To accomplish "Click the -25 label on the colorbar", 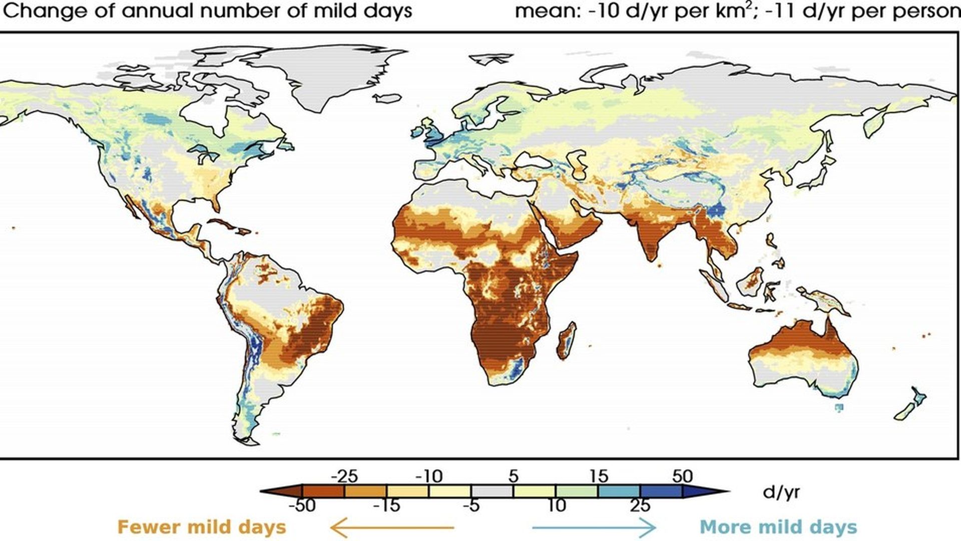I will (344, 476).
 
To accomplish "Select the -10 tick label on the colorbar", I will (429, 476).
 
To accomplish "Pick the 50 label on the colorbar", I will (683, 476).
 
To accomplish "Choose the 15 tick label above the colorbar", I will (599, 476).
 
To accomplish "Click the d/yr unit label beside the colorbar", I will (781, 492).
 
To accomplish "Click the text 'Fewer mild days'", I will (202, 527).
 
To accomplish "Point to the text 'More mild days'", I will (778, 527).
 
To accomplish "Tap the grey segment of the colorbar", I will (492, 491).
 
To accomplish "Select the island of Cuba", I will (228, 225).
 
